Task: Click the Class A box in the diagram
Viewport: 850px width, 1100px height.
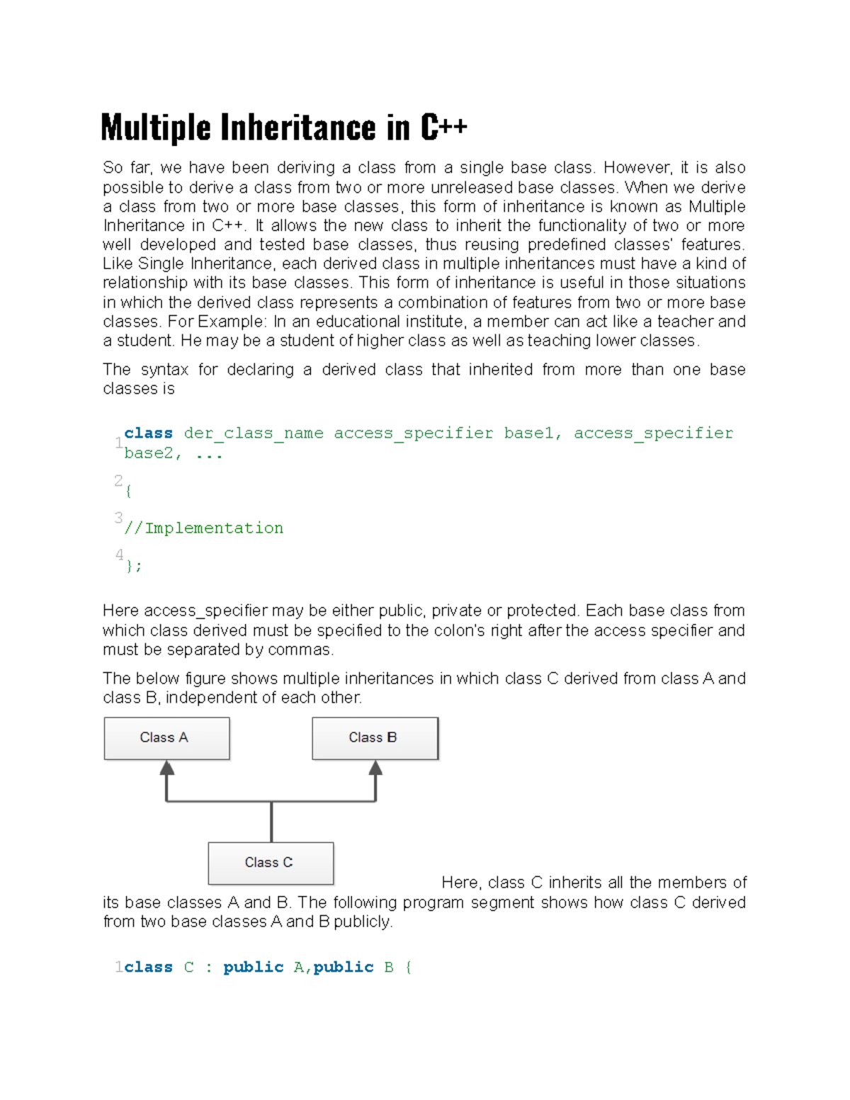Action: (x=166, y=738)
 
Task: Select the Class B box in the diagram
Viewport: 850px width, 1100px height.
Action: (x=375, y=738)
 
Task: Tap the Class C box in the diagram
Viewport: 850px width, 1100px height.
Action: (x=271, y=863)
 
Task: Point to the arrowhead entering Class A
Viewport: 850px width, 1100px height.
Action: (x=167, y=768)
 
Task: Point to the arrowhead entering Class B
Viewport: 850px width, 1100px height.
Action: (x=375, y=768)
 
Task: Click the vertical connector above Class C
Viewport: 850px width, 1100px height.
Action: (x=271, y=822)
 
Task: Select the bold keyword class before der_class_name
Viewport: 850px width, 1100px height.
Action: (x=148, y=433)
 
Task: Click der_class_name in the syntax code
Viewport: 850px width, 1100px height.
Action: (x=253, y=433)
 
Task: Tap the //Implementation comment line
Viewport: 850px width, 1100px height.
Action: (x=204, y=528)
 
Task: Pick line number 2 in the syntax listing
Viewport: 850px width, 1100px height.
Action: (x=118, y=480)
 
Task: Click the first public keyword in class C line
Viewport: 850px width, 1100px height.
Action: (x=253, y=967)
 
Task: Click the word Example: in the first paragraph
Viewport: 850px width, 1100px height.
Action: (x=232, y=322)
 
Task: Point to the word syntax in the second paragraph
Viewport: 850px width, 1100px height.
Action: (x=164, y=370)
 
